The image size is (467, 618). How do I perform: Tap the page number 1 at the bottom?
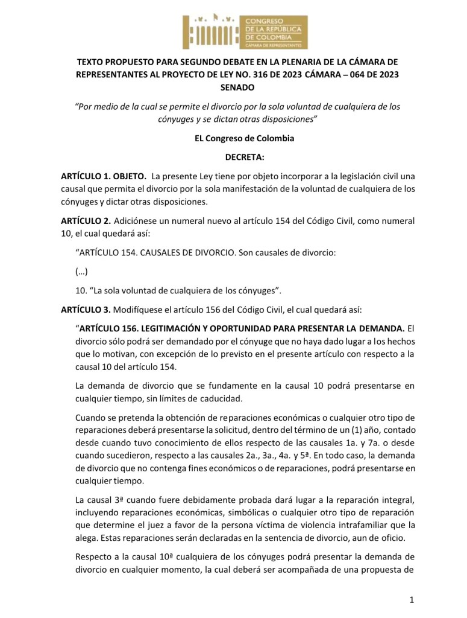pos(409,600)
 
